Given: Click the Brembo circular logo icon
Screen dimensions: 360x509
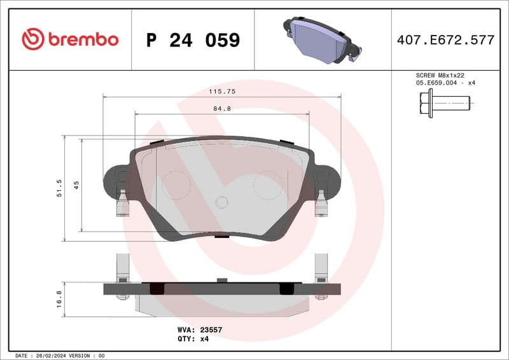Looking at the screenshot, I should tap(33, 39).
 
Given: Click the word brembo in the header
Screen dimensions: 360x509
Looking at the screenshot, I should tap(83, 39).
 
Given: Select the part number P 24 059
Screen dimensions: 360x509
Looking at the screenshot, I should tap(193, 40).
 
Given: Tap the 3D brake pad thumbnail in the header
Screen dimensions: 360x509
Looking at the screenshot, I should tap(322, 39).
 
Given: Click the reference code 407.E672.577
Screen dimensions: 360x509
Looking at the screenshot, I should tap(445, 40).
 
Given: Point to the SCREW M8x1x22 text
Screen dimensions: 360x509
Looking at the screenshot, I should tap(436, 75).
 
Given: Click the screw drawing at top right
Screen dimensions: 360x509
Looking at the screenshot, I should tap(444, 102).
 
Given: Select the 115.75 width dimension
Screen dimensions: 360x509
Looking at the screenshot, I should tap(222, 92).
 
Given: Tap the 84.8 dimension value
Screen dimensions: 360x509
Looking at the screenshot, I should tap(221, 109).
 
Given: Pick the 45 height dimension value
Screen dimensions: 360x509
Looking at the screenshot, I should tap(76, 185).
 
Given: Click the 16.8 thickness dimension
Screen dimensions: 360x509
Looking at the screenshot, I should tap(59, 299).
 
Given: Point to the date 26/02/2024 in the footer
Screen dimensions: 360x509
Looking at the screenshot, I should tap(55, 356).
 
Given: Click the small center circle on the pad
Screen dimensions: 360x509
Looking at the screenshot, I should tap(221, 202).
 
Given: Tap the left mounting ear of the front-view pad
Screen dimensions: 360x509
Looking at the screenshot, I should tap(115, 181).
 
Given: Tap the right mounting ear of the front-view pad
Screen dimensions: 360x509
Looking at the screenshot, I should tap(328, 181).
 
